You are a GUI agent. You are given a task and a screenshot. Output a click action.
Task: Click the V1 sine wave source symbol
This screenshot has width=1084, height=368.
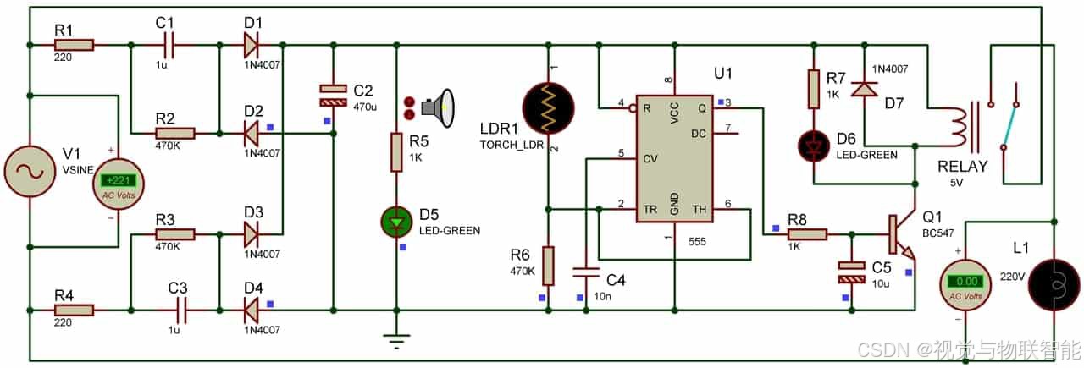pyautogui.click(x=30, y=171)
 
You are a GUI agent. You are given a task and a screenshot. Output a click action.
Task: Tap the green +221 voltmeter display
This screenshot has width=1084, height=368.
pyautogui.click(x=118, y=180)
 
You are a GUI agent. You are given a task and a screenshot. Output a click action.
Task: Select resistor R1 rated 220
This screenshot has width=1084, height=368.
pyautogui.click(x=74, y=45)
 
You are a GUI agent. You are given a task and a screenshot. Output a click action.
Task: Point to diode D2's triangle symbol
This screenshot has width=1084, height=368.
pyautogui.click(x=251, y=134)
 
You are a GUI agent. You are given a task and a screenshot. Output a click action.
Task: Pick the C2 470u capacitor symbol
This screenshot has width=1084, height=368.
pyautogui.click(x=334, y=96)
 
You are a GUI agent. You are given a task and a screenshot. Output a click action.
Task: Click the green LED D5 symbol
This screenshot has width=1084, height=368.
pyautogui.click(x=397, y=222)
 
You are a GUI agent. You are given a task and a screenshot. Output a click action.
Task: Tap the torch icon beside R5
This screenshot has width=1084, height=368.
pyautogui.click(x=437, y=107)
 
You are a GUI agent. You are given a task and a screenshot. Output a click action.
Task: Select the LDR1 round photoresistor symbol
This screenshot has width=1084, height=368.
pyautogui.click(x=548, y=107)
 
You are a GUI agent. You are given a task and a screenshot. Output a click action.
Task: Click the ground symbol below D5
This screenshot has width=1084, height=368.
pyautogui.click(x=397, y=340)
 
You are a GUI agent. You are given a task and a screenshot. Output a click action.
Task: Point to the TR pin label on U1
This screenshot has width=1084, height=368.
pyautogui.click(x=650, y=210)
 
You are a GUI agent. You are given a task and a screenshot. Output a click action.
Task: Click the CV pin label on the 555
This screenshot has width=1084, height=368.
pyautogui.click(x=650, y=158)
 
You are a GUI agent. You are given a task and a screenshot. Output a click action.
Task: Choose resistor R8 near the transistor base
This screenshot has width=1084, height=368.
pyautogui.click(x=807, y=235)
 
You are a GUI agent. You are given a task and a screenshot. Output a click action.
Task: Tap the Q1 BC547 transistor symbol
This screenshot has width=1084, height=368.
pyautogui.click(x=903, y=235)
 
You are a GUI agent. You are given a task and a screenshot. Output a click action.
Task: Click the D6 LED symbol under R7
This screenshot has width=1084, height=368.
pyautogui.click(x=814, y=146)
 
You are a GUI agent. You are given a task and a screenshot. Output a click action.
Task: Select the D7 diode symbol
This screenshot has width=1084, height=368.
pyautogui.click(x=865, y=89)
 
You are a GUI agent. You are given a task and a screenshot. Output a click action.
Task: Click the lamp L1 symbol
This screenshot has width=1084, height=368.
pyautogui.click(x=1054, y=284)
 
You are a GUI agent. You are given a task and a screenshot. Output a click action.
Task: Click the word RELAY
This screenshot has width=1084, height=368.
pyautogui.click(x=963, y=167)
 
